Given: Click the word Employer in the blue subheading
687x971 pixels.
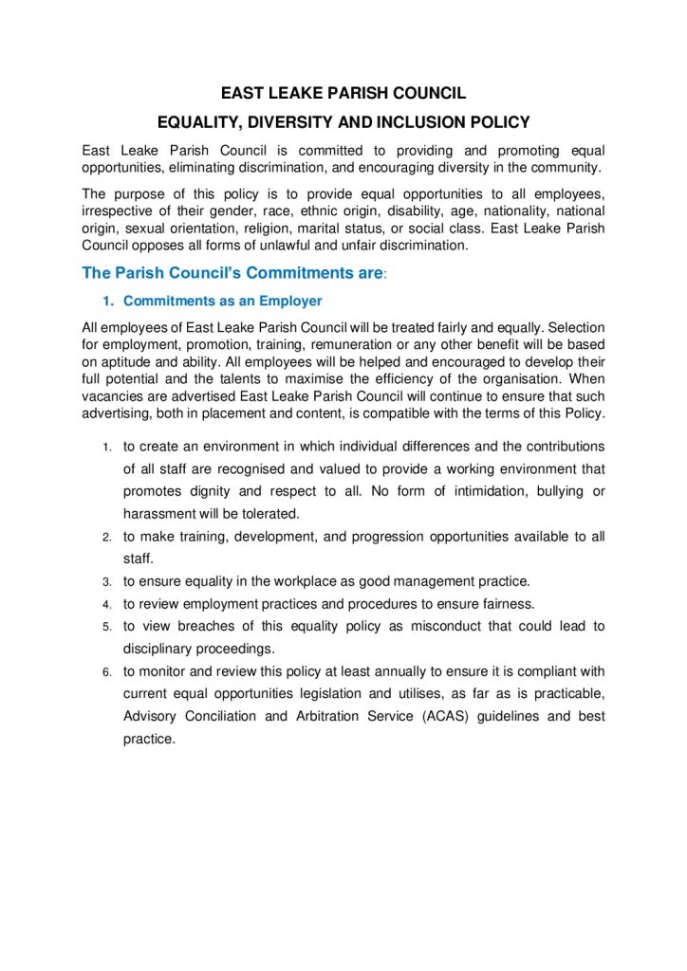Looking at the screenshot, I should click(x=288, y=302).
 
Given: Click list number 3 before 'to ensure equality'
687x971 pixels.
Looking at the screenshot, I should click(x=107, y=581).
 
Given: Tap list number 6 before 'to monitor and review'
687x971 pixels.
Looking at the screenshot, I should click(x=107, y=672).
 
